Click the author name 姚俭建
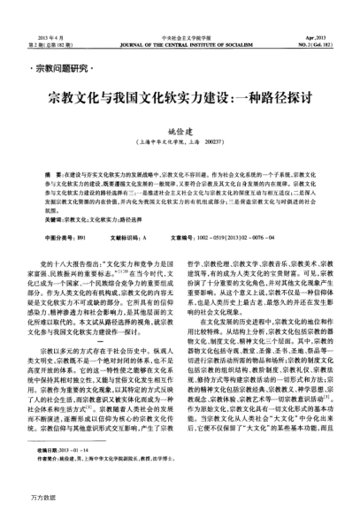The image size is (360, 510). pos(180,128)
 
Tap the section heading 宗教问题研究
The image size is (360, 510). pos(62,68)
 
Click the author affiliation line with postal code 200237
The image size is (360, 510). pos(180,141)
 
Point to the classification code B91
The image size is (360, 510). pos(84,235)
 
